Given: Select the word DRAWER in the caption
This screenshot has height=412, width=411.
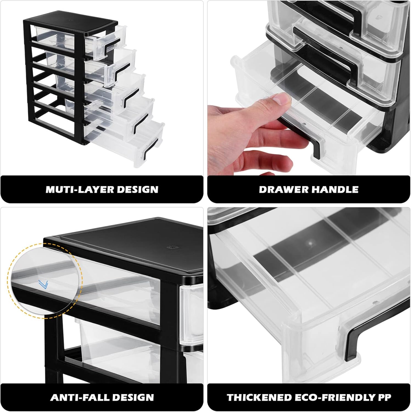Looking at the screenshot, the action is click(x=282, y=190).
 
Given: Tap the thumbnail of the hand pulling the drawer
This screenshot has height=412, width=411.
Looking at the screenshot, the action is click(x=309, y=88).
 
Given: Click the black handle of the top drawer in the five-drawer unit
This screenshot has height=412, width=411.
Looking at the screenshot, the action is click(x=112, y=46).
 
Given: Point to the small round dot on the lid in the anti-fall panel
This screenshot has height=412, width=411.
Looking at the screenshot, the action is click(x=172, y=247).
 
